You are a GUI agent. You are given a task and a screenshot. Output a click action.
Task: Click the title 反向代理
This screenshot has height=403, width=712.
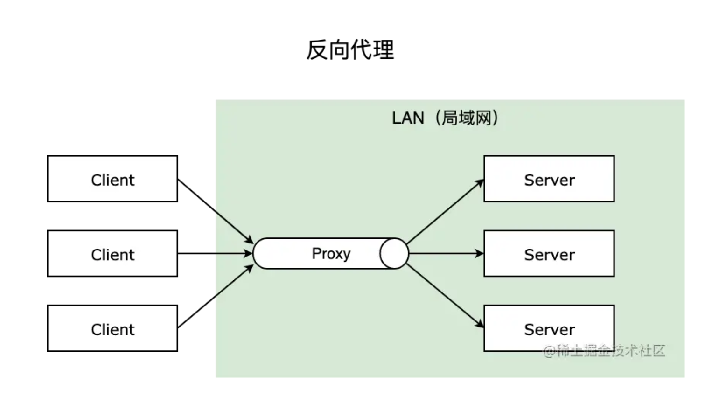pyautogui.click(x=350, y=50)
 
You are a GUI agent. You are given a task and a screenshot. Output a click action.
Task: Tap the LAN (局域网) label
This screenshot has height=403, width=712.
pyautogui.click(x=445, y=118)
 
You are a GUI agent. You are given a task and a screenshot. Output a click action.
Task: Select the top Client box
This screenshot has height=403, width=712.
pyautogui.click(x=112, y=179)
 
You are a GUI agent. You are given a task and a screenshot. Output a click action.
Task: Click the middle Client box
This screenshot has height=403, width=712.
pyautogui.click(x=112, y=254)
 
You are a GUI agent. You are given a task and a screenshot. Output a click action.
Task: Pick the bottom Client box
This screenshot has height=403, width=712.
pyautogui.click(x=112, y=328)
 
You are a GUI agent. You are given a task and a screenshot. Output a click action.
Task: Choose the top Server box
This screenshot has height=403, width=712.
pyautogui.click(x=549, y=179)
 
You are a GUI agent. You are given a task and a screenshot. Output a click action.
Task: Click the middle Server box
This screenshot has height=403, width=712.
pyautogui.click(x=549, y=254)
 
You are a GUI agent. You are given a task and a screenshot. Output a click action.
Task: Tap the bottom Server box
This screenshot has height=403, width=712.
pyautogui.click(x=549, y=328)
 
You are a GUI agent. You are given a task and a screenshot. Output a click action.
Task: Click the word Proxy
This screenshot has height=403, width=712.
pyautogui.click(x=331, y=254)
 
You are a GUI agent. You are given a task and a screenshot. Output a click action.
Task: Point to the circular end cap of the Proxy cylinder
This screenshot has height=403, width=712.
pyautogui.click(x=394, y=254)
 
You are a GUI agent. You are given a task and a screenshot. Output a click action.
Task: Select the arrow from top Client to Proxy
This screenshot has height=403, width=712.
pyautogui.click(x=215, y=211)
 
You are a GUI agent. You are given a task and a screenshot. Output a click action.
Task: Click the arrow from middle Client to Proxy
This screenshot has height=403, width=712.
pyautogui.click(x=215, y=254)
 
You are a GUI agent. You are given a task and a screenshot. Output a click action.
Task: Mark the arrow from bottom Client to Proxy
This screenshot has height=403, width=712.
pyautogui.click(x=215, y=297)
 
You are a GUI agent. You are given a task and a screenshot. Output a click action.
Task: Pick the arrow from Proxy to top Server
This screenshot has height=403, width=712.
pyautogui.click(x=444, y=212)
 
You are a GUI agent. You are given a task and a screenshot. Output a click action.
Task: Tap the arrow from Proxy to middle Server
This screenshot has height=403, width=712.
pyautogui.click(x=446, y=254)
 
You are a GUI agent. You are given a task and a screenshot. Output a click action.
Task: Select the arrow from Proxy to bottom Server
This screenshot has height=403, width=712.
pyautogui.click(x=444, y=295)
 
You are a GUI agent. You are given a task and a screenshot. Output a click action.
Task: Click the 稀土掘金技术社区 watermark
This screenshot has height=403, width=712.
pyautogui.click(x=604, y=351)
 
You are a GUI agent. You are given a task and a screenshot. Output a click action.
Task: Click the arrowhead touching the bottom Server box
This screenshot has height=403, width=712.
pyautogui.click(x=480, y=324)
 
